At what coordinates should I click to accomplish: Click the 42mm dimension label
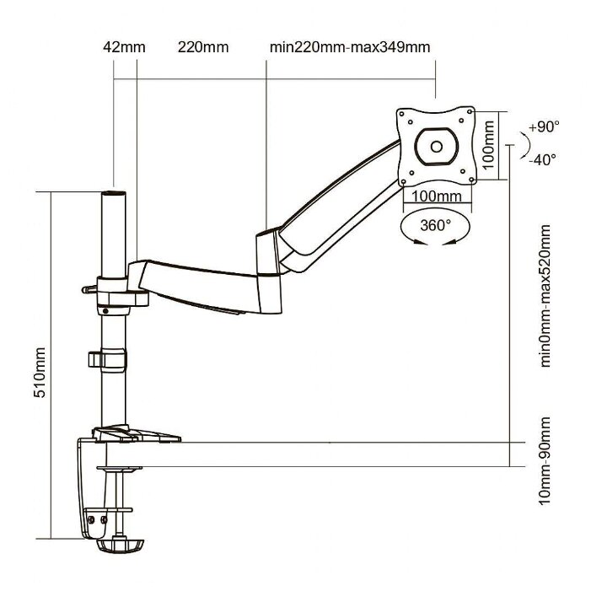123,46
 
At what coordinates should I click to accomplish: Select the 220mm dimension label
202,46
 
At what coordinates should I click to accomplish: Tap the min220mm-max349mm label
349,46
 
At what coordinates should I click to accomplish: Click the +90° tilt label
544,127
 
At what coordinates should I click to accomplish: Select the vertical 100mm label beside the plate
490,145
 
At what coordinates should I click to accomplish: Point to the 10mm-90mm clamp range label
545,460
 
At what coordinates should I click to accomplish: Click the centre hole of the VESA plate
436,144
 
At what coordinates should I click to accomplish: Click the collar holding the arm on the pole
113,288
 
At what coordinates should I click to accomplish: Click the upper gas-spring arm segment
337,212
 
